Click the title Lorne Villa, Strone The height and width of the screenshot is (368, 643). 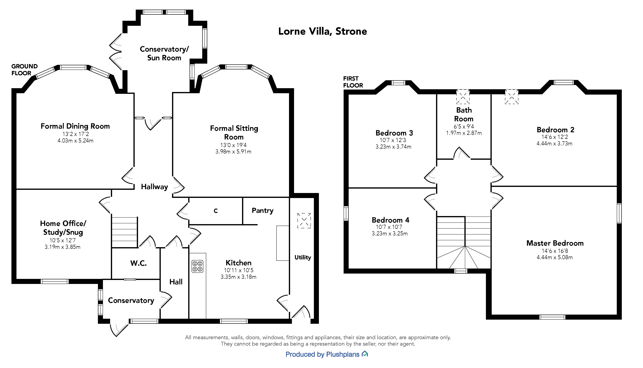click(x=322, y=31)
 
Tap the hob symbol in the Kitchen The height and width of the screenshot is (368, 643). click(x=197, y=266)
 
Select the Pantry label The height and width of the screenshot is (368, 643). click(x=262, y=211)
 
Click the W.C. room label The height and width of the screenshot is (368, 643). click(x=138, y=263)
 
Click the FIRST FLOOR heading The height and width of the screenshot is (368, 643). click(x=353, y=82)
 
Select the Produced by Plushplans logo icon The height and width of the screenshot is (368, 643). click(x=365, y=354)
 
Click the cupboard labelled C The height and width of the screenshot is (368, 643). click(x=216, y=211)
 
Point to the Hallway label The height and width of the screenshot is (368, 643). click(x=154, y=187)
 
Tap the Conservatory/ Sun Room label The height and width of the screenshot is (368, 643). click(x=164, y=53)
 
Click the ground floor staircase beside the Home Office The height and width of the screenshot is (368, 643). click(x=125, y=232)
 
